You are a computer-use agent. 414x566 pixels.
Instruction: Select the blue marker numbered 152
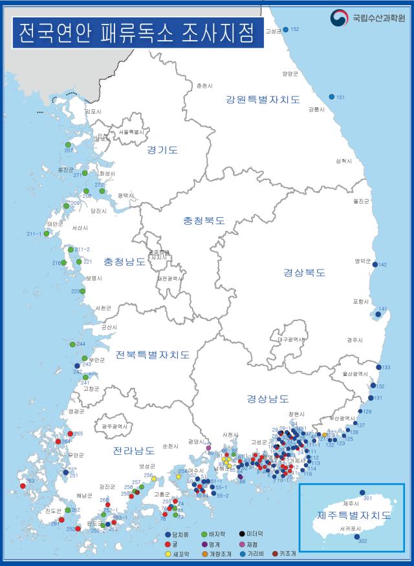(x=285, y=30)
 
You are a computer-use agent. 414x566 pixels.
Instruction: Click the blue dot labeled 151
(x=332, y=97)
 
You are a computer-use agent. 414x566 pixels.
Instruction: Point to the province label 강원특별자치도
(x=263, y=100)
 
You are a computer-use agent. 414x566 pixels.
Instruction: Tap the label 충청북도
(x=203, y=220)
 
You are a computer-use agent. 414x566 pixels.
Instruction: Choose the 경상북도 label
(x=304, y=272)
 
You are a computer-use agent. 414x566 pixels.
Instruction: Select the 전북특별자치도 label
(x=153, y=355)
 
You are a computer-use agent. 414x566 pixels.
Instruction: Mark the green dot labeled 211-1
(x=47, y=234)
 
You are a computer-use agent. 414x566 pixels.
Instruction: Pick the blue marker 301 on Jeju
(x=362, y=492)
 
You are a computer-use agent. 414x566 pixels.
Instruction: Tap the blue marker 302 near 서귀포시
(x=357, y=536)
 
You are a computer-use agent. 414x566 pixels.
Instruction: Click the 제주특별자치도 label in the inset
(x=353, y=516)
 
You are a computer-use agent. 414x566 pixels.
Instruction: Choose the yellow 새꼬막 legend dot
(x=168, y=554)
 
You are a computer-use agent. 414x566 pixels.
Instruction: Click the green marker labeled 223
(x=83, y=291)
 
